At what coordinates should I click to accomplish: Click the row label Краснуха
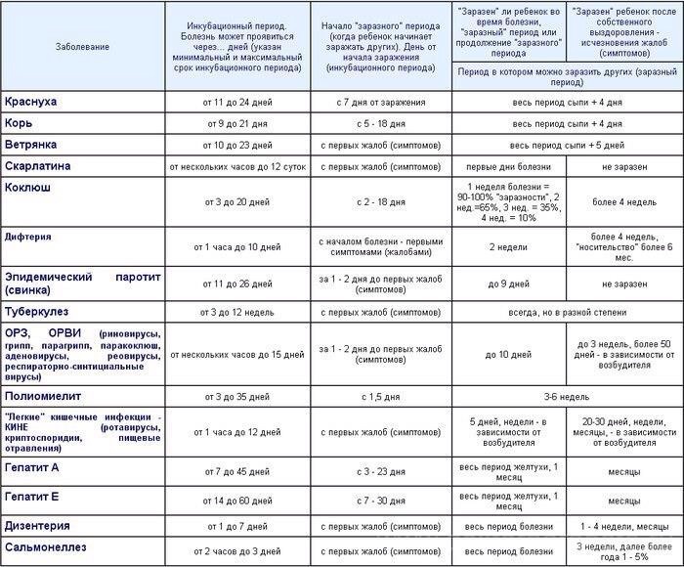pyautogui.click(x=32, y=102)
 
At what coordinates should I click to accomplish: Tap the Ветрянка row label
pyautogui.click(x=33, y=145)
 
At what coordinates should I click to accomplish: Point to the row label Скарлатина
pyautogui.click(x=39, y=166)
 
